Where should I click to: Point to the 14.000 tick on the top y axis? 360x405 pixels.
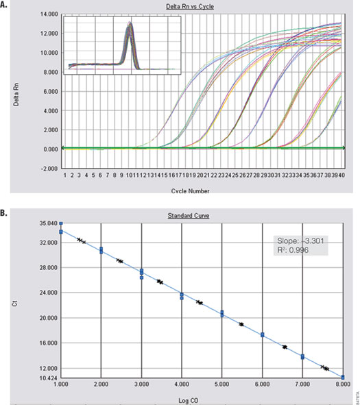48,14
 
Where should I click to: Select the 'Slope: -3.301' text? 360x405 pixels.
300,239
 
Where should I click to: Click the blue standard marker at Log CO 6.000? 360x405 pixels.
263,334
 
